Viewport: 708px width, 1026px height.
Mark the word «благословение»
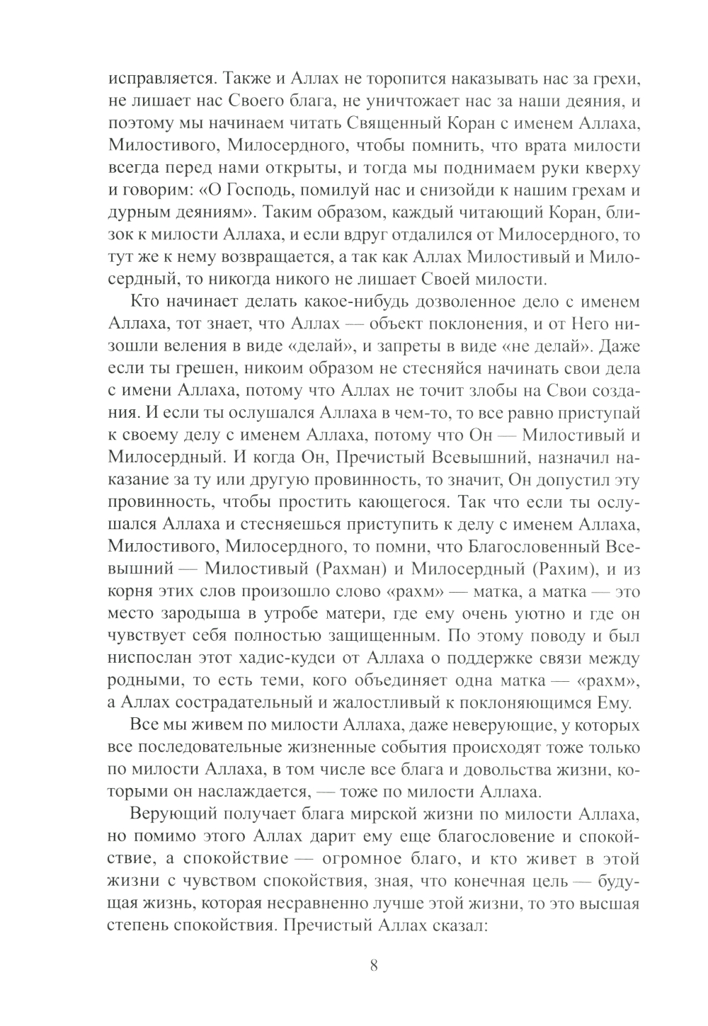click(x=488, y=838)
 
